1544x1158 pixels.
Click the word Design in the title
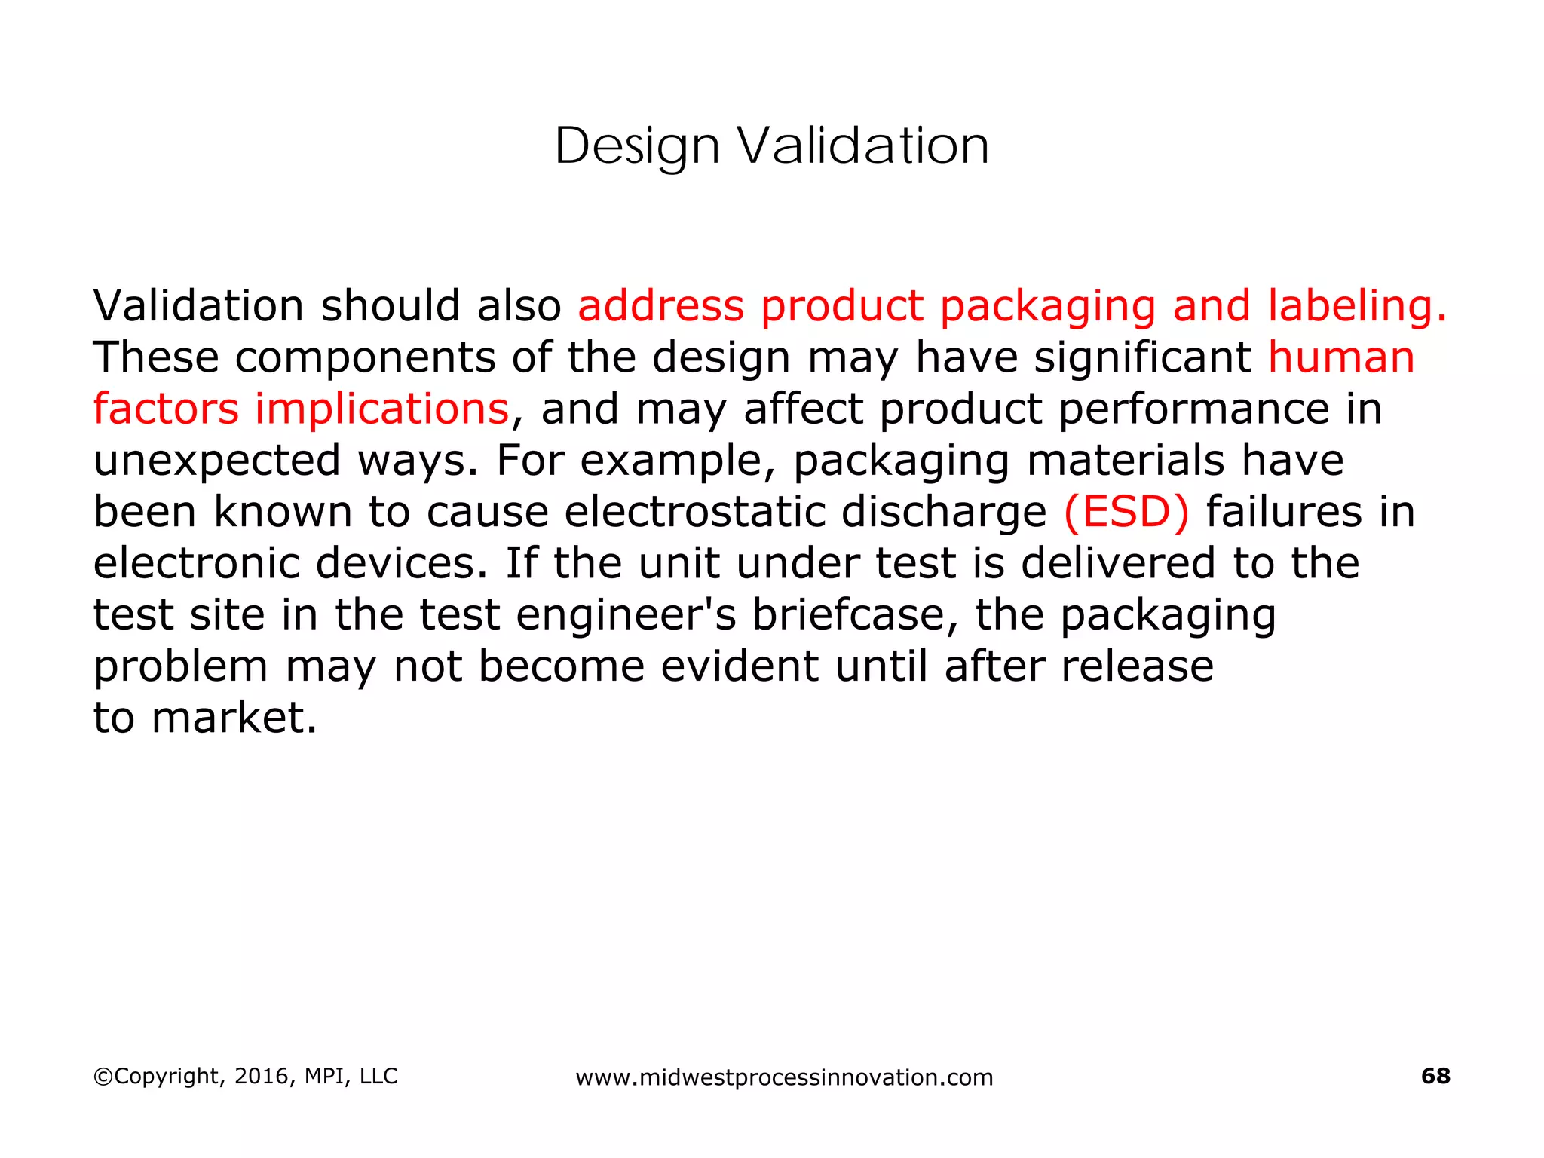pyautogui.click(x=637, y=146)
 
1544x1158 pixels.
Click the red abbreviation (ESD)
pyautogui.click(x=1126, y=512)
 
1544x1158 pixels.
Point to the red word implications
pyautogui.click(x=381, y=409)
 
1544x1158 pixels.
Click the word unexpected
pyautogui.click(x=217, y=461)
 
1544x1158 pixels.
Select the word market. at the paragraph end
pyautogui.click(x=234, y=718)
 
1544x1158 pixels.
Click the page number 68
pyautogui.click(x=1435, y=1076)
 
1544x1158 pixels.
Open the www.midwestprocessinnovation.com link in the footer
pyautogui.click(x=784, y=1077)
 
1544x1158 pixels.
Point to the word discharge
pyautogui.click(x=943, y=512)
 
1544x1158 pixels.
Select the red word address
pyautogui.click(x=660, y=306)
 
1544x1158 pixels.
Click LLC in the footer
pyautogui.click(x=378, y=1076)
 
